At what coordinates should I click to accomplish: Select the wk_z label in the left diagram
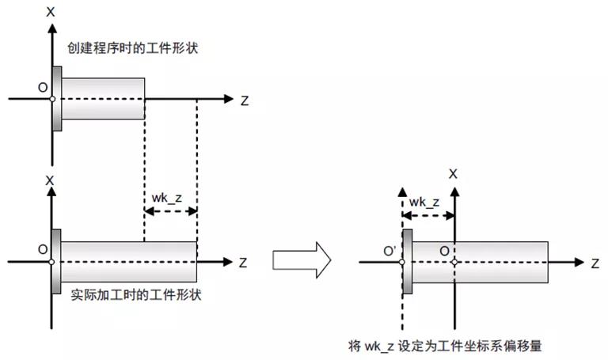166,198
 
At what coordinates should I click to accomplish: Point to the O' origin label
389,252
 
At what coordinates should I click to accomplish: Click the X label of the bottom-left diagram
51,180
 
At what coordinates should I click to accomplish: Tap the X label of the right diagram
453,172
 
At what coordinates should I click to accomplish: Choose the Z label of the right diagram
593,263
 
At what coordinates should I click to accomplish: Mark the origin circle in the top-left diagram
51,99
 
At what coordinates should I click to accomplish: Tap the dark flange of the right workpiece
408,261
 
